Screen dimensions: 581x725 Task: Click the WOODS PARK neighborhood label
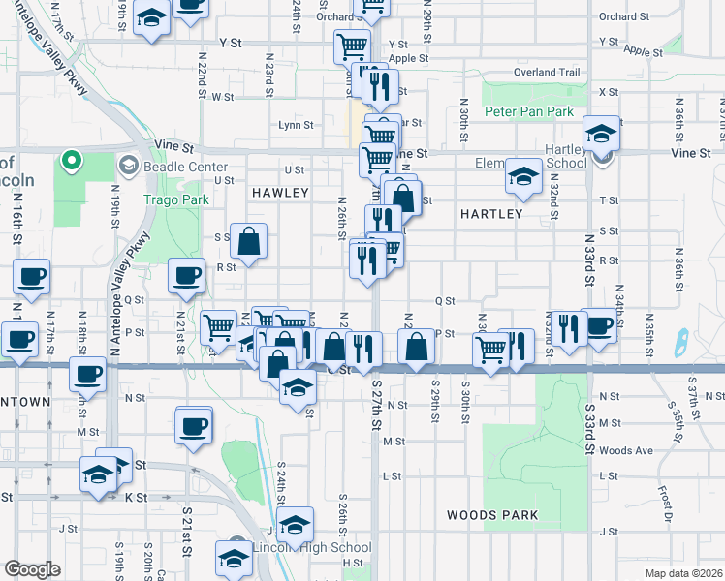click(492, 515)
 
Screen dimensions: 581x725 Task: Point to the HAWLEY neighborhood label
click(279, 193)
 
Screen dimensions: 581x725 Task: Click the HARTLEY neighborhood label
click(491, 213)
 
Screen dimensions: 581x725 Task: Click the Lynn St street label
click(296, 125)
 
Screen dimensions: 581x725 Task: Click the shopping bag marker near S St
click(249, 242)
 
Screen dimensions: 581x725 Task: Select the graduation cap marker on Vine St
click(601, 134)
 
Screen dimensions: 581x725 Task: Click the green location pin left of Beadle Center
click(69, 161)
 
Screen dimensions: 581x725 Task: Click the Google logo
click(33, 569)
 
